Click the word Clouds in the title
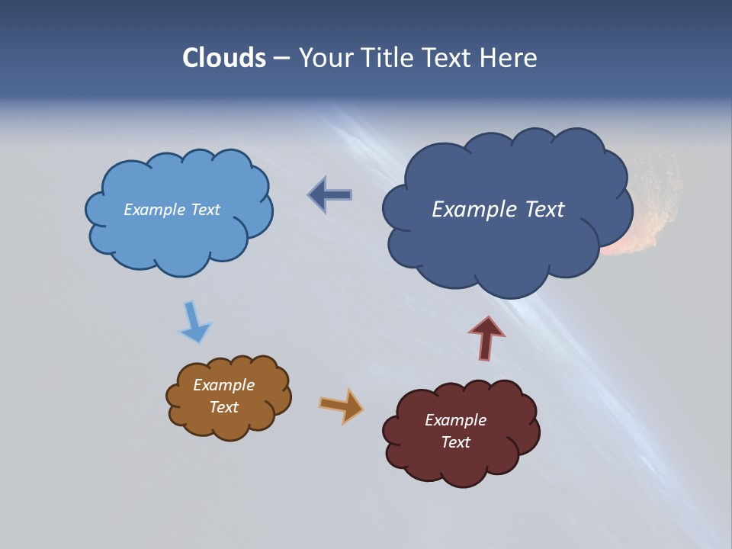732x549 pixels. pyautogui.click(x=224, y=58)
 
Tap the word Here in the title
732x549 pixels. pyautogui.click(x=511, y=58)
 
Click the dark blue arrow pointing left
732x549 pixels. pyautogui.click(x=330, y=195)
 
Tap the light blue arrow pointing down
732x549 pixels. pyautogui.click(x=194, y=323)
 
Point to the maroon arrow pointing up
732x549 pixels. pyautogui.click(x=486, y=338)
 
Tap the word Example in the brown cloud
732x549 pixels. pyautogui.click(x=223, y=385)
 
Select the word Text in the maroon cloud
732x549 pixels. pyautogui.click(x=456, y=442)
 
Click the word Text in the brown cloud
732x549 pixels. pyautogui.click(x=223, y=407)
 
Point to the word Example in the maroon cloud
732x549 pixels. pyautogui.click(x=455, y=420)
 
